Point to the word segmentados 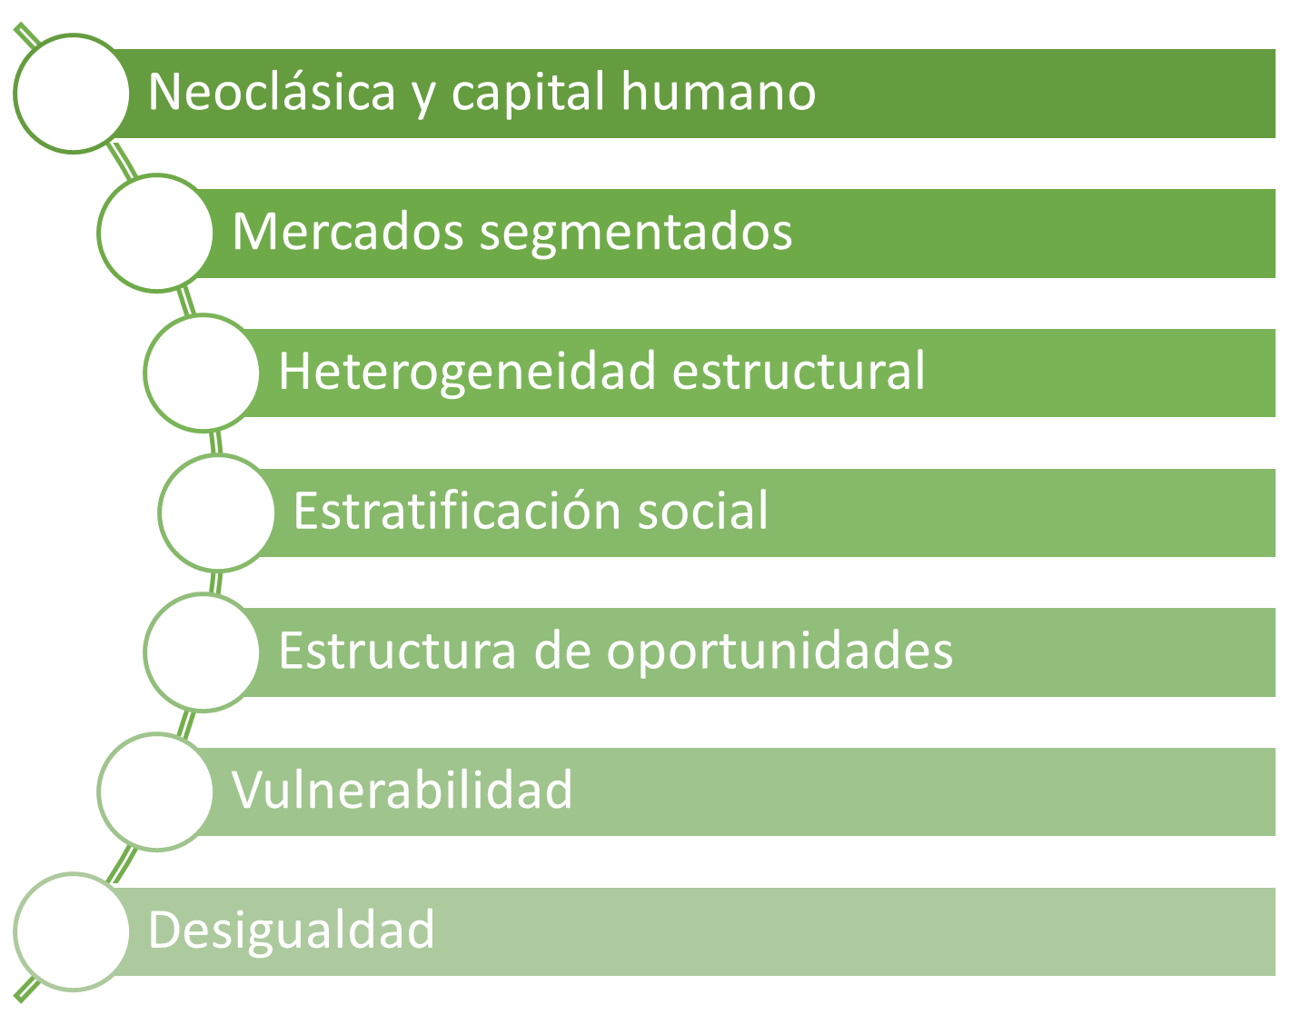(x=636, y=235)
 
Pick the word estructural (x=799, y=371)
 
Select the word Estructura (x=397, y=652)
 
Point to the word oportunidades (x=780, y=654)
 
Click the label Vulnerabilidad (x=402, y=790)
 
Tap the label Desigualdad (x=291, y=930)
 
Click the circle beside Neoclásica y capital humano (x=73, y=93)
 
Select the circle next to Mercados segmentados (x=156, y=233)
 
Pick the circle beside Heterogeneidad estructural (x=203, y=373)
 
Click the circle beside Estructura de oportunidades (x=203, y=652)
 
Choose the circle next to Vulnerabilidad (x=156, y=792)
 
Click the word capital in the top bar (x=529, y=93)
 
